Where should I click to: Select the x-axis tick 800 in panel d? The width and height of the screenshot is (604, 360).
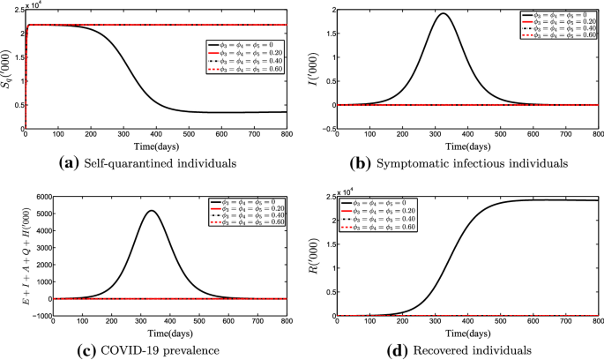click(596, 324)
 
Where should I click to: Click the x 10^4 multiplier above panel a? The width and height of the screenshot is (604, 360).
click(39, 4)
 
